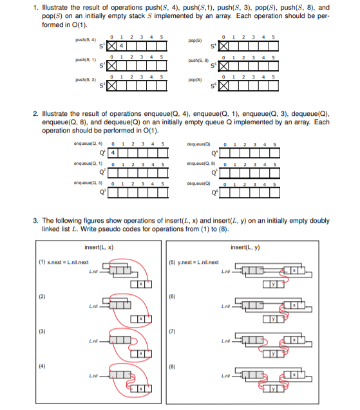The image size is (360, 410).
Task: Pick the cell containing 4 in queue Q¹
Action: point(113,154)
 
